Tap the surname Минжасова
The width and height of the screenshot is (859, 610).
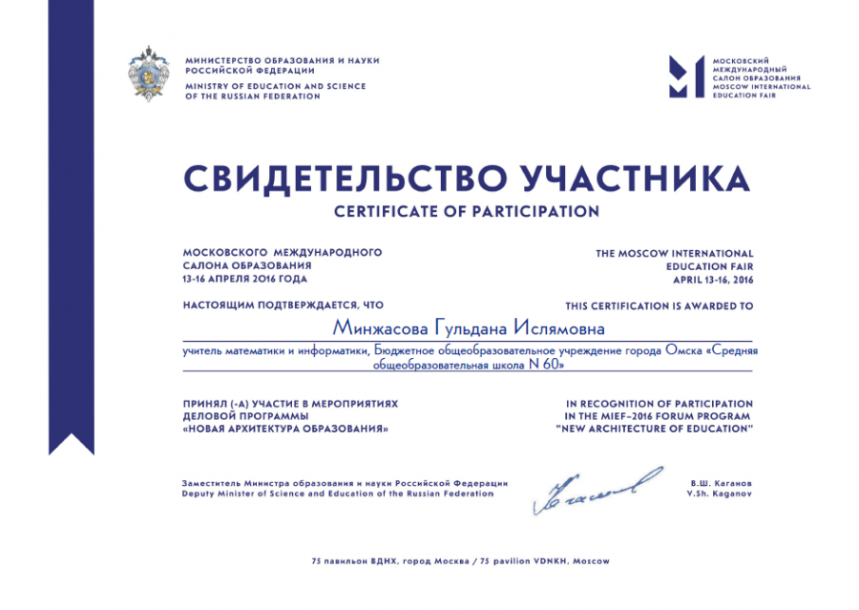click(x=380, y=327)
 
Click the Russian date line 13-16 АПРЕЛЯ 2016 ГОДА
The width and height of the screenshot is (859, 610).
click(x=245, y=279)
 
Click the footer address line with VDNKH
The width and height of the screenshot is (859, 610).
click(x=460, y=560)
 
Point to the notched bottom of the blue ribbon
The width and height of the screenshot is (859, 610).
click(x=72, y=442)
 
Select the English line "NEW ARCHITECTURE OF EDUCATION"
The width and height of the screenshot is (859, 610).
click(x=655, y=429)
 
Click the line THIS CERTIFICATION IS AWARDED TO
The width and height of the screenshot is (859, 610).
click(x=659, y=306)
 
